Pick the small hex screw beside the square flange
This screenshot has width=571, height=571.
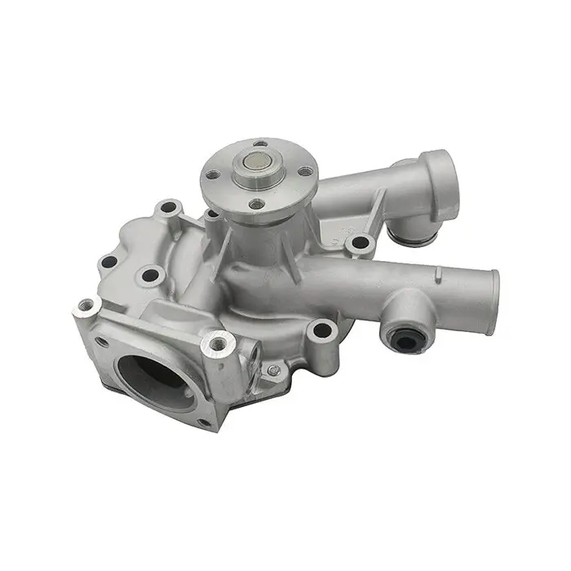click(274, 370)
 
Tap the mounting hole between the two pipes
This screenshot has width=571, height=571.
click(357, 242)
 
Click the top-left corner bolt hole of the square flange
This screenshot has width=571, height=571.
click(87, 308)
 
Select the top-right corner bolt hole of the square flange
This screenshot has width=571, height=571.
click(217, 343)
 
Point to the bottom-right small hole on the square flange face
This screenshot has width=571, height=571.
click(204, 423)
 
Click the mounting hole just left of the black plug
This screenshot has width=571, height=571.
click(323, 330)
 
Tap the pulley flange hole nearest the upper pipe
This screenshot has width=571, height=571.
click(305, 172)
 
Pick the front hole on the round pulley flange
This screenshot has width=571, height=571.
click(256, 205)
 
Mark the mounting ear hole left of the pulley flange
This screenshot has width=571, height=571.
click(170, 209)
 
